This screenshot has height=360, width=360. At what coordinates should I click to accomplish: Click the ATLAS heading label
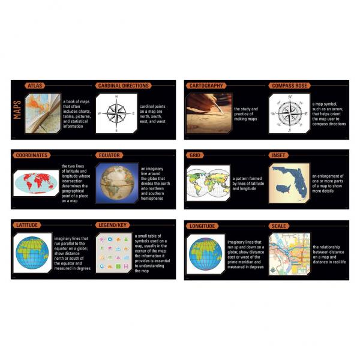[35, 86]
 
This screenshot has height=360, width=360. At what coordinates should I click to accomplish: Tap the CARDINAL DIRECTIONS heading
[123, 86]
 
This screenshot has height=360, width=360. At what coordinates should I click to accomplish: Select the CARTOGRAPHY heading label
[206, 86]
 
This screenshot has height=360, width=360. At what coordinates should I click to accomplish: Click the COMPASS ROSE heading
[290, 86]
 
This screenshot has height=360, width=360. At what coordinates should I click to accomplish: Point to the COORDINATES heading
[32, 155]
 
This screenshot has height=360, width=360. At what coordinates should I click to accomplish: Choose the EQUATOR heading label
[110, 155]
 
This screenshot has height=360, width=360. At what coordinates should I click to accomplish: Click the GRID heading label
[195, 155]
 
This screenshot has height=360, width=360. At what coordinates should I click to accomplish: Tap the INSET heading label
[279, 155]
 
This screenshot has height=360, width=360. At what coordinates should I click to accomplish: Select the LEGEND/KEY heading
[113, 225]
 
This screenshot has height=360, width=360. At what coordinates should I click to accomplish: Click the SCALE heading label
[279, 226]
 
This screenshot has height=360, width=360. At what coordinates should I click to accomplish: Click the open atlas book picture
[43, 112]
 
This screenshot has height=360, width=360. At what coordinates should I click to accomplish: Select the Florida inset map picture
[289, 182]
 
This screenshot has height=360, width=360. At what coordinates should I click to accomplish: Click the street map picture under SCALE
[289, 253]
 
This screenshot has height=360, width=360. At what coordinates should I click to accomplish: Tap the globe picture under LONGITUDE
[205, 253]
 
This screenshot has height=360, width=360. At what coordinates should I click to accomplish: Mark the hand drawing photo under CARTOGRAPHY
[208, 112]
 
